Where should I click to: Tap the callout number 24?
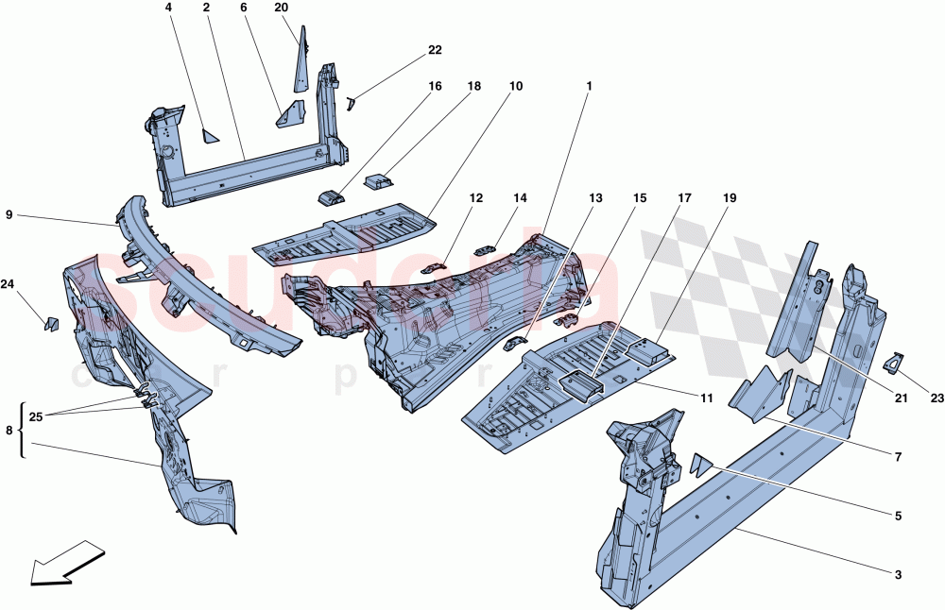coord(8,283)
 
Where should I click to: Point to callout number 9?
coord(9,216)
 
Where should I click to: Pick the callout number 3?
coord(898,574)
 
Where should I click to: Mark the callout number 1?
coord(588,86)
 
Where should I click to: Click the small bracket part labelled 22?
coord(351,101)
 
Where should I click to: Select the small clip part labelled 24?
coord(52,324)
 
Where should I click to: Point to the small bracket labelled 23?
coord(893,362)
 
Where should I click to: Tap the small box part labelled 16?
coord(330,196)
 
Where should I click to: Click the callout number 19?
coord(730,198)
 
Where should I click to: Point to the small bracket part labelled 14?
coord(485,248)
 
